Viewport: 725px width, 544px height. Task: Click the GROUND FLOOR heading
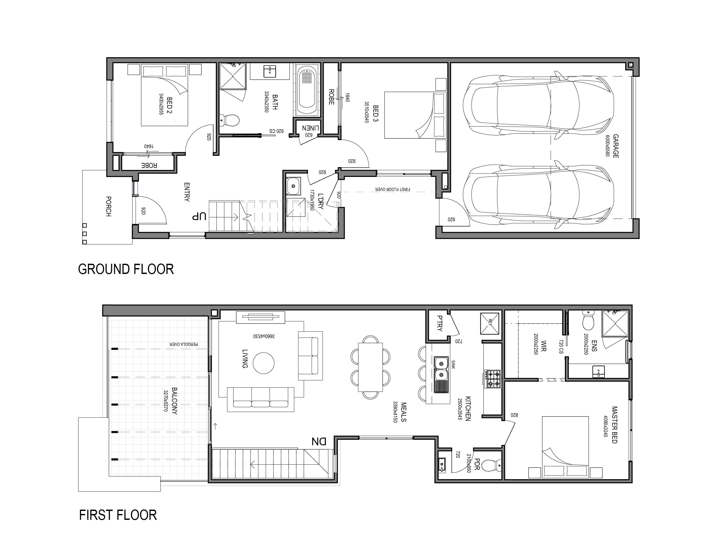coord(126,269)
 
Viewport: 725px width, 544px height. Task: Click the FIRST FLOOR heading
coord(118,515)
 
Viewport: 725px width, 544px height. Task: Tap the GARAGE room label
coord(616,146)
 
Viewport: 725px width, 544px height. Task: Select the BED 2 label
coord(169,105)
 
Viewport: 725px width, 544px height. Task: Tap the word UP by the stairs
coord(199,217)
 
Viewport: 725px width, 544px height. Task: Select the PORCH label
coord(109,206)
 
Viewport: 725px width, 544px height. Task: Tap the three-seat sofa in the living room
coord(261,399)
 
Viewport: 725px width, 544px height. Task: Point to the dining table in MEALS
coord(370,367)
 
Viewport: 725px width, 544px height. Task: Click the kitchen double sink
coord(441,374)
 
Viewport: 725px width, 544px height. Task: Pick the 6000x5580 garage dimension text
coord(607,146)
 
